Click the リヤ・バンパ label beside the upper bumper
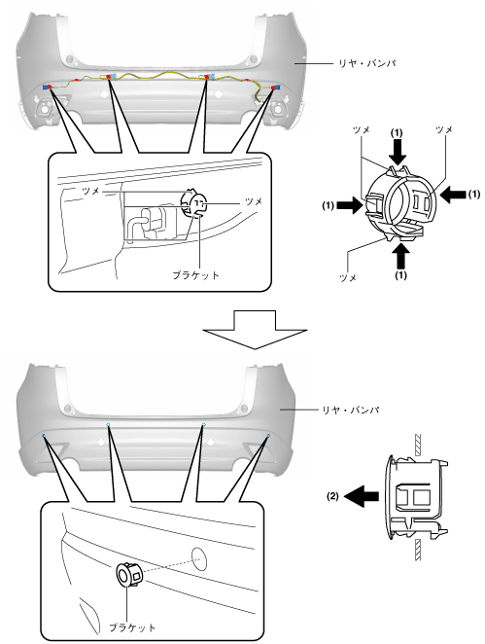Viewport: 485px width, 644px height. click(366, 63)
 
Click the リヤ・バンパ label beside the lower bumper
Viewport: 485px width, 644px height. click(351, 410)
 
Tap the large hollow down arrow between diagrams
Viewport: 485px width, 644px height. click(255, 330)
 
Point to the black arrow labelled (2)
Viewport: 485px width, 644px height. click(362, 496)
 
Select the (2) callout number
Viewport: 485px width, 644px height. click(332, 496)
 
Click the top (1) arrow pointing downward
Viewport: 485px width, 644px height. click(398, 152)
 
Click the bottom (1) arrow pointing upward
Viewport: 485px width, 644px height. click(400, 256)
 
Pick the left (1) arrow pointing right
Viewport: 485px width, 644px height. click(350, 205)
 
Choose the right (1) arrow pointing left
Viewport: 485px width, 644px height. click(453, 194)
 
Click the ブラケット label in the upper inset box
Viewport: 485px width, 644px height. click(195, 274)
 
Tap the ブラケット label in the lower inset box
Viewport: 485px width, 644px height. click(132, 627)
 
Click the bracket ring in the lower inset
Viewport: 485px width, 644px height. click(128, 574)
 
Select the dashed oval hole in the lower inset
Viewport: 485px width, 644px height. click(198, 559)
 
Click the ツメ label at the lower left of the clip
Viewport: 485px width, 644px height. click(348, 277)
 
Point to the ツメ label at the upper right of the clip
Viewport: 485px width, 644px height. click(444, 129)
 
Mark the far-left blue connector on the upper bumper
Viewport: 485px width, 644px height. click(44, 88)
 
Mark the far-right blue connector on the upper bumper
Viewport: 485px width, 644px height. click(278, 88)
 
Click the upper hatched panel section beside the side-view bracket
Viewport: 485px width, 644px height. click(418, 445)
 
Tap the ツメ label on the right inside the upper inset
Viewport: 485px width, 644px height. click(254, 201)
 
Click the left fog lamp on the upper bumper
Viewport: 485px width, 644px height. click(44, 109)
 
